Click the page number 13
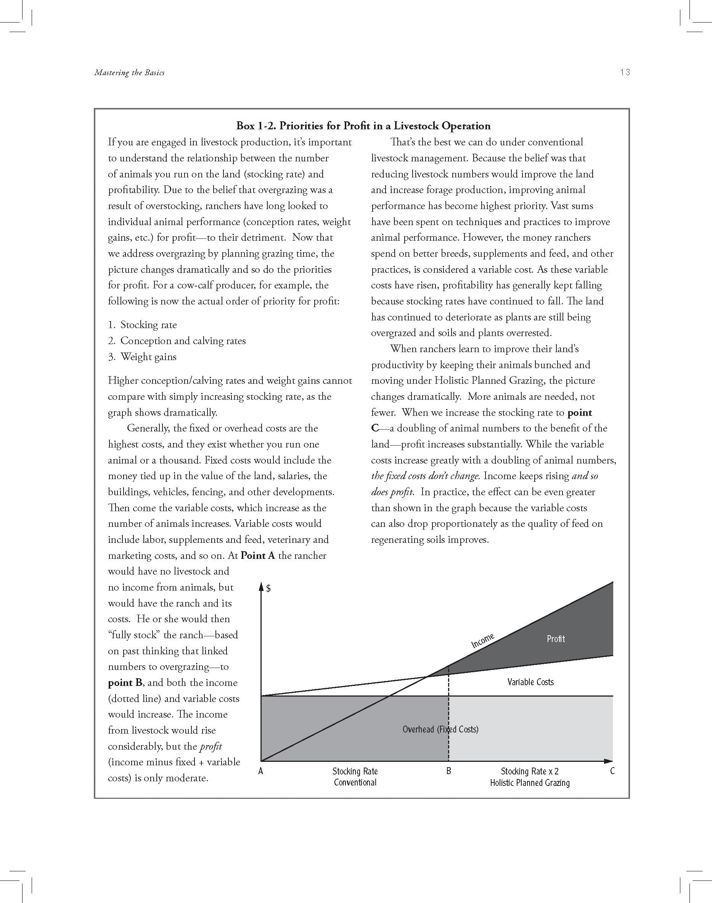[x=624, y=72]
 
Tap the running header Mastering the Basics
[x=129, y=72]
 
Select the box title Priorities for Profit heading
[x=363, y=126]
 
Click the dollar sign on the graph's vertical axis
[x=269, y=589]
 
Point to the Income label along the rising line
[x=483, y=641]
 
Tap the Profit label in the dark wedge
[x=556, y=639]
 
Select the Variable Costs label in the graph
[x=530, y=682]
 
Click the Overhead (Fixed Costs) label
[x=440, y=729]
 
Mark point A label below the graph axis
[x=261, y=771]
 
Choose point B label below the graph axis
[x=448, y=771]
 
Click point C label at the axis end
[x=612, y=771]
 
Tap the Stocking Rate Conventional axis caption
[x=355, y=777]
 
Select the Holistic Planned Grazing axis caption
[x=529, y=782]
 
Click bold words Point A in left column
[x=258, y=556]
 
